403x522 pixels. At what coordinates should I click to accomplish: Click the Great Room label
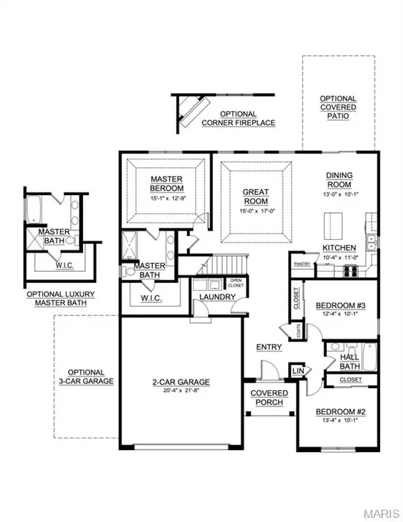256,196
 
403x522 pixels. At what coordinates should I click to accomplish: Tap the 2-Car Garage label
180,381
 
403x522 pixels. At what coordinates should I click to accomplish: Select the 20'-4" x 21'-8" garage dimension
180,391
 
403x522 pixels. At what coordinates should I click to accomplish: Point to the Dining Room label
338,179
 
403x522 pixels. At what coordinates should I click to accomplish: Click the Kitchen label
339,247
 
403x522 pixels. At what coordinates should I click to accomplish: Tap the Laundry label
212,297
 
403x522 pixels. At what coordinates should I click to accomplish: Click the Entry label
268,347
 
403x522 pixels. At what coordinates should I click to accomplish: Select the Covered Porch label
269,398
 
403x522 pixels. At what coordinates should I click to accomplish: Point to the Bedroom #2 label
340,412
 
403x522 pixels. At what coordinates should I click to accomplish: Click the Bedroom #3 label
340,306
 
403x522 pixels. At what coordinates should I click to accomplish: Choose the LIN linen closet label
297,371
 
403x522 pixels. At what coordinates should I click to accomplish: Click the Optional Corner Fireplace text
238,118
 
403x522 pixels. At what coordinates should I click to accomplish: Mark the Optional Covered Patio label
338,107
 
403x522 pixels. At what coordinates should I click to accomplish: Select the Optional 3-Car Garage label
86,377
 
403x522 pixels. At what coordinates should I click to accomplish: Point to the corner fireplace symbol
192,109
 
